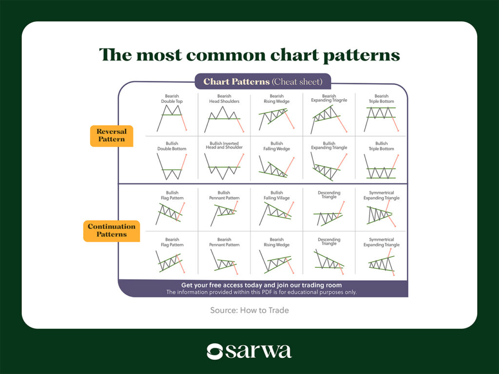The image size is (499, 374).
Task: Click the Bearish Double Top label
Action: click(172, 98)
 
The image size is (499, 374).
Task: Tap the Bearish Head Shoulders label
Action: click(224, 98)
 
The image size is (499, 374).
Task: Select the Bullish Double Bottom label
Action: click(172, 146)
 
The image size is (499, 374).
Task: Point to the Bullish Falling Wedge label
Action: click(277, 146)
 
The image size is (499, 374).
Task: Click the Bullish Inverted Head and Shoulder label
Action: click(224, 145)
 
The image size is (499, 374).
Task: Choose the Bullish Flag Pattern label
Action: click(172, 195)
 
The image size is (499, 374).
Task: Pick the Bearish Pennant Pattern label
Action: click(224, 242)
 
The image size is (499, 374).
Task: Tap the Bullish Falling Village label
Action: click(277, 195)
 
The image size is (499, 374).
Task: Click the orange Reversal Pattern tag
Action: click(112, 135)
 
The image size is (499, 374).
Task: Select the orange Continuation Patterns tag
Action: click(112, 230)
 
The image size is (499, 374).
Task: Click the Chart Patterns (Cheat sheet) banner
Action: click(263, 81)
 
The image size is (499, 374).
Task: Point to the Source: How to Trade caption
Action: click(249, 310)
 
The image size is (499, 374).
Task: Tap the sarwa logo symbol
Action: click(214, 352)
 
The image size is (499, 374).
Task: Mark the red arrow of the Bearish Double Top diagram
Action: click(184, 122)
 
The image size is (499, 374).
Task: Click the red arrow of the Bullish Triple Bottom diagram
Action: click(395, 162)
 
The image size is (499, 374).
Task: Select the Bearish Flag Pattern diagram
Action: click(170, 262)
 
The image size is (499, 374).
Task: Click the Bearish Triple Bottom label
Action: click(381, 98)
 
